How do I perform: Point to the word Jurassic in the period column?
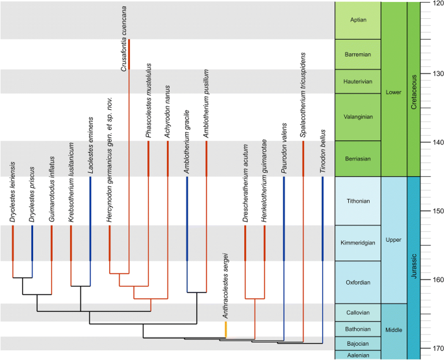[x=414, y=267]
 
